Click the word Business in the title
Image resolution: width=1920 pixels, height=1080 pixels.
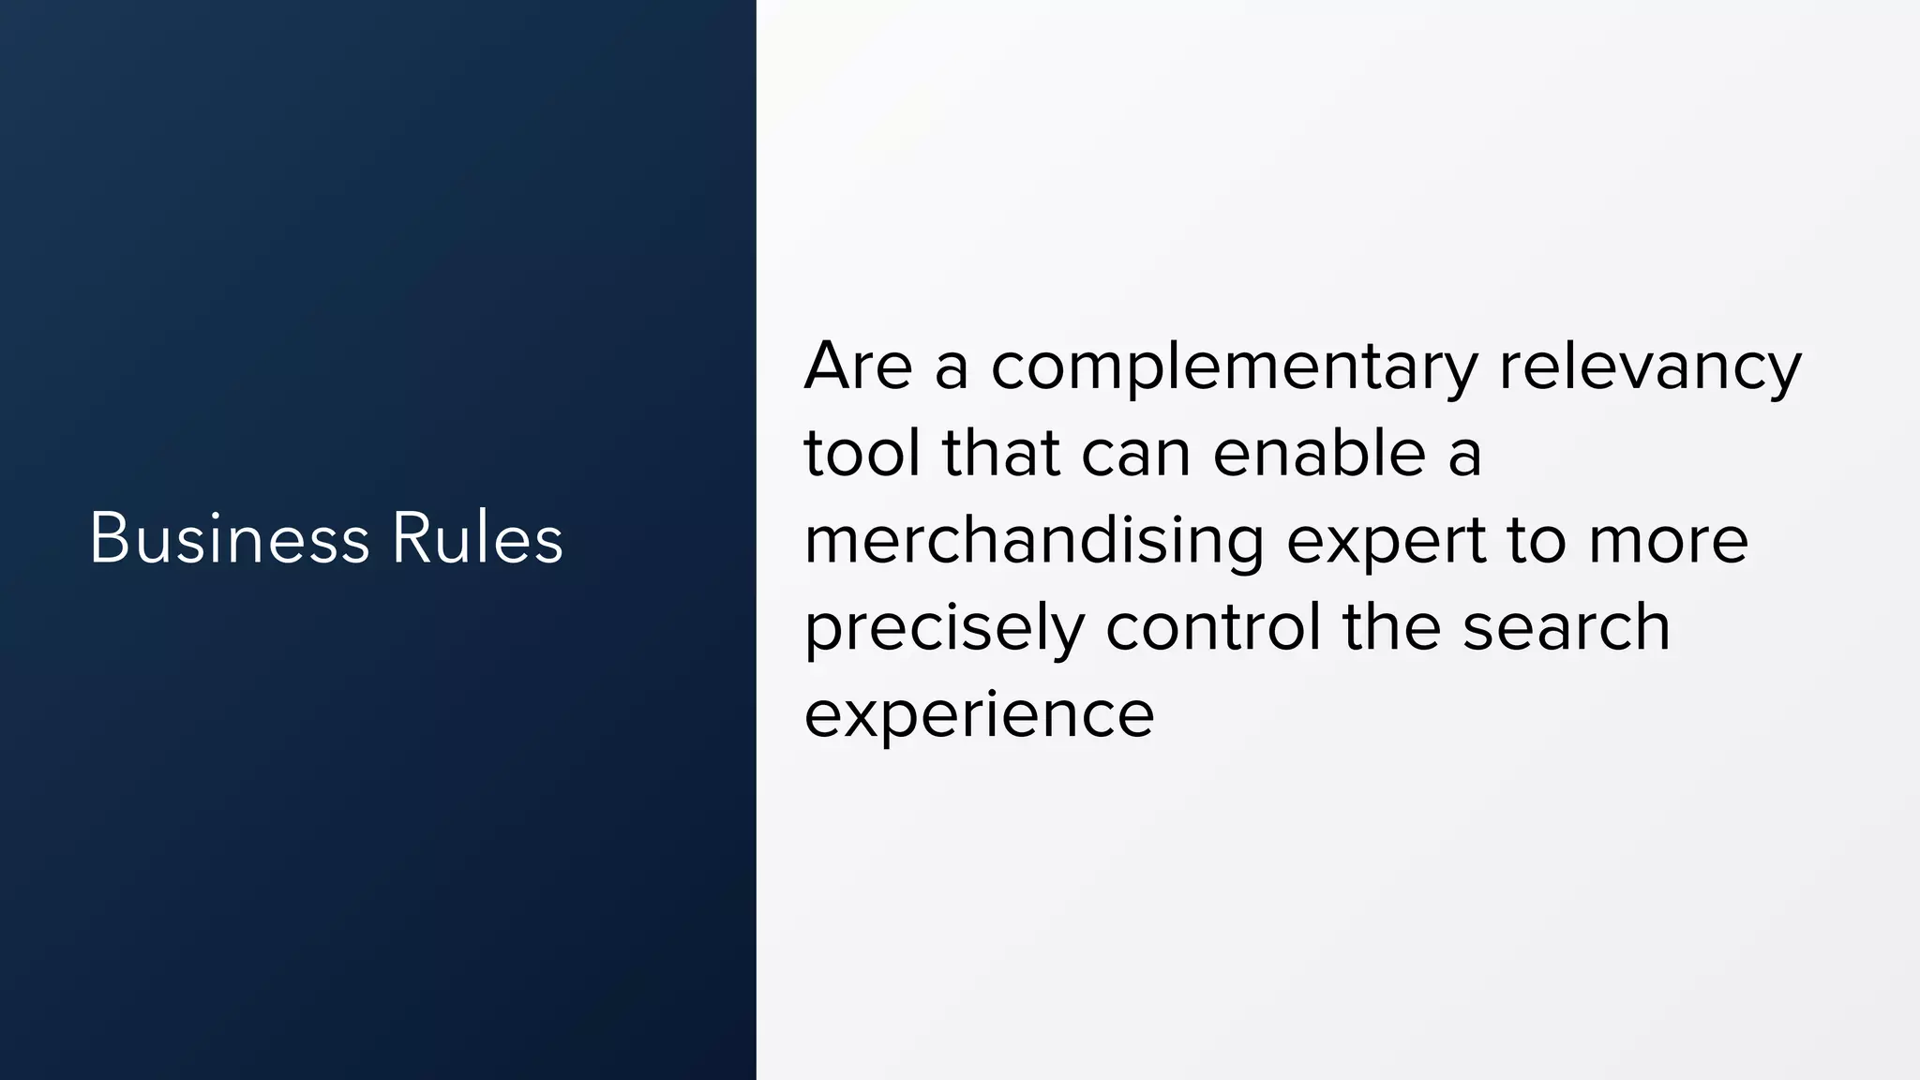(230, 539)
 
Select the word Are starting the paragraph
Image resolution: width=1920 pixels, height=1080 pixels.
(858, 366)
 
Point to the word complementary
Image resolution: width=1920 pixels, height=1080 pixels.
(1234, 367)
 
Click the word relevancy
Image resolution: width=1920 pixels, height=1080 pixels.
(1650, 367)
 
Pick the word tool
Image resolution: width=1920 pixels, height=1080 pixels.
(862, 453)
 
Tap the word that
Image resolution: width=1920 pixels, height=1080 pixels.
(1000, 453)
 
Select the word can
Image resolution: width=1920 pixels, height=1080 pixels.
(1135, 455)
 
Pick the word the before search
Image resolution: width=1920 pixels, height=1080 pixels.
(1391, 627)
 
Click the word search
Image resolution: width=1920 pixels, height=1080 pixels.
(1567, 627)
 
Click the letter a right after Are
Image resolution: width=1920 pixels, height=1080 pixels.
(952, 367)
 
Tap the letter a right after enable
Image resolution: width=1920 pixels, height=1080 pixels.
(1464, 455)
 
